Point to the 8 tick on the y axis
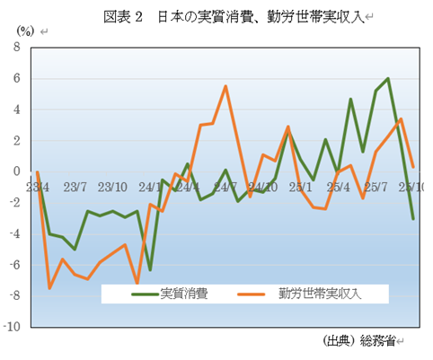[x=17, y=48]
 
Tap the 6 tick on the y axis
[x=17, y=78]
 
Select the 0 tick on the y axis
[x=17, y=171]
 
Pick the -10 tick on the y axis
[x=13, y=328]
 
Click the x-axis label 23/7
[x=75, y=188]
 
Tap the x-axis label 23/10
[x=112, y=188]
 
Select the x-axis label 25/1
[x=301, y=188]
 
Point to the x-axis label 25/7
[x=376, y=188]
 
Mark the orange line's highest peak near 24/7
[x=225, y=86]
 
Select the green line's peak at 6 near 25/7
[x=388, y=79]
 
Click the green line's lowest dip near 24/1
[x=150, y=269]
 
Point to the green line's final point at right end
[x=413, y=218]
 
